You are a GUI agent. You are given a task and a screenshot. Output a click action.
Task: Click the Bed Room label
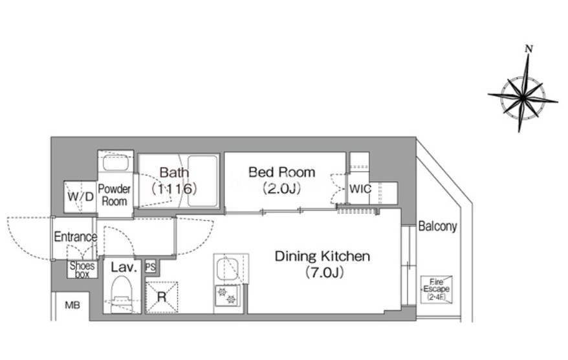tap(282, 172)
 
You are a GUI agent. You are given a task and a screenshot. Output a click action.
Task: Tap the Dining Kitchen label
tap(322, 256)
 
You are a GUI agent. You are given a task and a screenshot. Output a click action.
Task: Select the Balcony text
tap(437, 226)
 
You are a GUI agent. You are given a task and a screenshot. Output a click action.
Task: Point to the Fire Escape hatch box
tap(437, 289)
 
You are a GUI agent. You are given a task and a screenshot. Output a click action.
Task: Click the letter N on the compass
tap(529, 49)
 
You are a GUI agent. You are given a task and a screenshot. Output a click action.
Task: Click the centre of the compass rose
tap(522, 96)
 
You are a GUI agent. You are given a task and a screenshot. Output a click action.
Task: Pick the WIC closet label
tap(360, 188)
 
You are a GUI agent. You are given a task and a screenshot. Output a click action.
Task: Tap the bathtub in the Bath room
tap(202, 181)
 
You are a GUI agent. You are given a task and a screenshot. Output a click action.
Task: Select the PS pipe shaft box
tap(150, 267)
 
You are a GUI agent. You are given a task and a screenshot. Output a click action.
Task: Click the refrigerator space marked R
tap(162, 297)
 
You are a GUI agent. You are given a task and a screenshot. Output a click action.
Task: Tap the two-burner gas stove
tap(227, 295)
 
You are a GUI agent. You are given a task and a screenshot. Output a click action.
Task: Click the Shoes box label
tap(82, 270)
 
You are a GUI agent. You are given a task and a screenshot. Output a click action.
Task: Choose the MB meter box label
tap(72, 305)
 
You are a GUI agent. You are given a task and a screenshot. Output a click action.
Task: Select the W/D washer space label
tap(80, 196)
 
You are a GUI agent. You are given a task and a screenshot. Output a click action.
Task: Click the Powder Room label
tap(114, 195)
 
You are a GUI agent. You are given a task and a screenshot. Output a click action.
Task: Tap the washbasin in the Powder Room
tap(116, 163)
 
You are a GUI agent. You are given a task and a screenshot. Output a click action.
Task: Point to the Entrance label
tap(75, 237)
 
